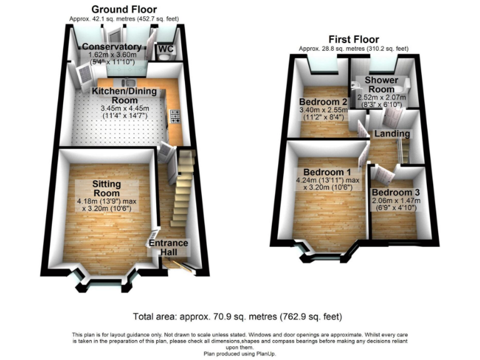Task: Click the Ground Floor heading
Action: (x=124, y=9)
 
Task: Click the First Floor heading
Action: (x=353, y=38)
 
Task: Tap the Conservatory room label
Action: (x=111, y=47)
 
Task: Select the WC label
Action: (x=165, y=49)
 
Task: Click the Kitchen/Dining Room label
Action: (x=124, y=96)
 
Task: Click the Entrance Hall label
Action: (x=167, y=247)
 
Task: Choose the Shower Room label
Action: (x=380, y=85)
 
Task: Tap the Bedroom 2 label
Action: (x=322, y=102)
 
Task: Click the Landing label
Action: (x=392, y=134)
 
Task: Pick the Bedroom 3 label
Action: (x=395, y=192)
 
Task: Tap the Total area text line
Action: (x=238, y=316)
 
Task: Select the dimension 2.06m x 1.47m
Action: (x=395, y=201)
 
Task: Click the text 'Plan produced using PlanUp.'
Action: (x=240, y=354)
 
